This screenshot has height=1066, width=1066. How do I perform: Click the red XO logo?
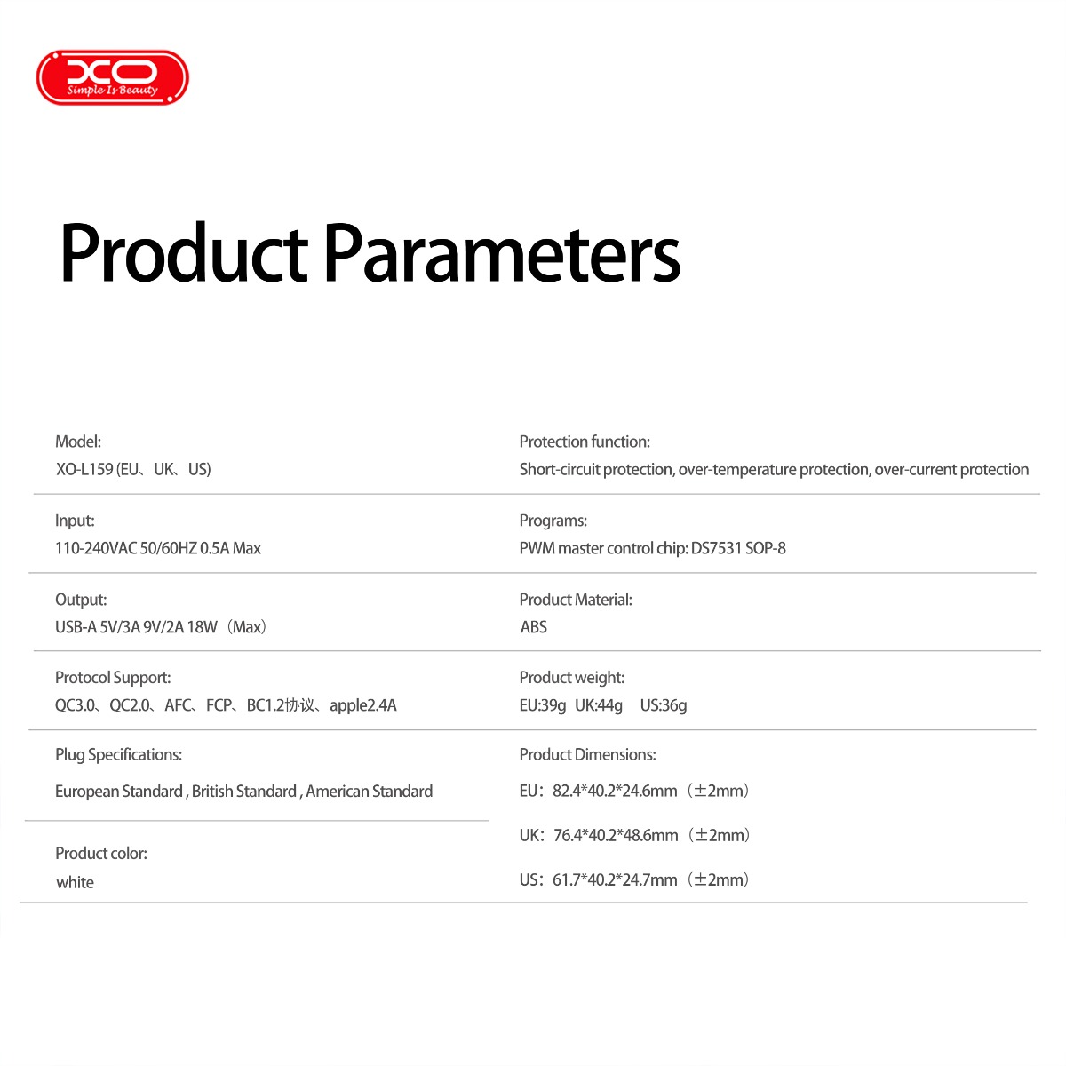click(112, 77)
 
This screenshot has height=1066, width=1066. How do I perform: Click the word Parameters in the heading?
click(502, 253)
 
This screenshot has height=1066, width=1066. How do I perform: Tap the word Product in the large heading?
click(184, 253)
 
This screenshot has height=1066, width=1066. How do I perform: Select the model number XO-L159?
click(84, 469)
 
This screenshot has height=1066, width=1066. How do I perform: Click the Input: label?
click(75, 521)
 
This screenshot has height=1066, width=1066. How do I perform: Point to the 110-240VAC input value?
click(96, 548)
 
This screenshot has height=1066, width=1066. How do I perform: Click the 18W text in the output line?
click(202, 627)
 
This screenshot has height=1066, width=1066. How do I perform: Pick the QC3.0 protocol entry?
click(75, 705)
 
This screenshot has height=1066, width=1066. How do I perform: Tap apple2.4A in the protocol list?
click(363, 706)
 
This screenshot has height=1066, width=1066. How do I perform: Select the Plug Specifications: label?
click(118, 754)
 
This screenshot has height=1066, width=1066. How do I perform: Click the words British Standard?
click(244, 792)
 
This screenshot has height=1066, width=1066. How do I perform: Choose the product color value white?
click(75, 882)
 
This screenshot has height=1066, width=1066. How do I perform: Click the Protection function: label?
click(585, 442)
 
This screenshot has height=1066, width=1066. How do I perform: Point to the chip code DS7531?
click(716, 548)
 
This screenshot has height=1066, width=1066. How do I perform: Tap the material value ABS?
click(533, 627)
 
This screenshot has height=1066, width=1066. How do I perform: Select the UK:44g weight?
click(599, 706)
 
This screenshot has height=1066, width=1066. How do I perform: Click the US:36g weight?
click(664, 706)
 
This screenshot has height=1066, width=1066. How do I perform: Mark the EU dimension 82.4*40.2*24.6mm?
click(615, 792)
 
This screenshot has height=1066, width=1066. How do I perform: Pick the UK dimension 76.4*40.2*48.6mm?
click(616, 835)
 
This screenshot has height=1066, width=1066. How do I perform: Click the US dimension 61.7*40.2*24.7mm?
click(615, 880)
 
